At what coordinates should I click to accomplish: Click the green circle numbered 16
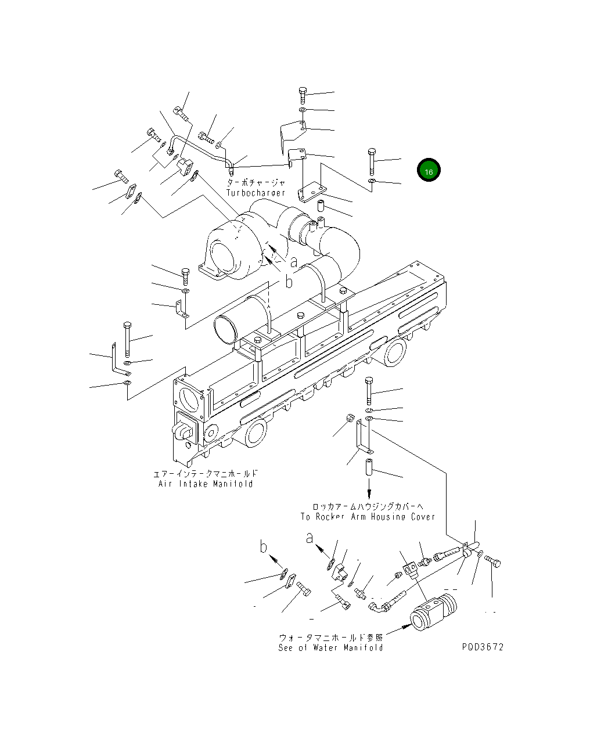[x=429, y=171]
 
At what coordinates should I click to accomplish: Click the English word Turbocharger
[x=256, y=193]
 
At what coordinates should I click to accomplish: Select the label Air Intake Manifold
[x=206, y=484]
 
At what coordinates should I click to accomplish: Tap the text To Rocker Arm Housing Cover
[x=368, y=516]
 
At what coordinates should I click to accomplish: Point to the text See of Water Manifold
[x=330, y=647]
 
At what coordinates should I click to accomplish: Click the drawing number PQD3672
[x=483, y=647]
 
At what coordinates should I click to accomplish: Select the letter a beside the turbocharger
[x=294, y=262]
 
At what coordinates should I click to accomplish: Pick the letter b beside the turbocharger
[x=289, y=282]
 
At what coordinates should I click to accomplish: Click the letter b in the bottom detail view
[x=264, y=547]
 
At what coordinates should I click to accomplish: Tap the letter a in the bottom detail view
[x=310, y=537]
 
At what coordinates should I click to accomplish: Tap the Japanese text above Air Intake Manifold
[x=206, y=474]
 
